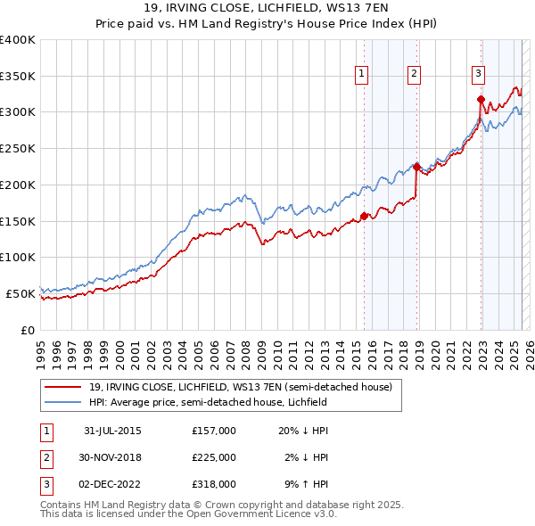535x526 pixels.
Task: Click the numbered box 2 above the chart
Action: (x=416, y=74)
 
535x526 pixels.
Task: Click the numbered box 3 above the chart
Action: (x=479, y=74)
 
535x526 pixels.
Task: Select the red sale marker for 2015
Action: (x=364, y=216)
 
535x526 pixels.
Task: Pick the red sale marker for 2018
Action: (x=416, y=167)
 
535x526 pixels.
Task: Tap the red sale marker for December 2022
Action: (x=481, y=99)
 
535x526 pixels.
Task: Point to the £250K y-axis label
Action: (x=18, y=149)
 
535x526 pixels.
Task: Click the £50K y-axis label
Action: (x=21, y=293)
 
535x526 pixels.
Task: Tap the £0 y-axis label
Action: (x=28, y=330)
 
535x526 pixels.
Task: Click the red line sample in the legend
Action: (x=62, y=387)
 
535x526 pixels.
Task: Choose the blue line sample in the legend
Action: (x=62, y=402)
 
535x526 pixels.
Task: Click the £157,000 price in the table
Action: (x=213, y=430)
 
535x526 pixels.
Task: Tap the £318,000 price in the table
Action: (x=213, y=485)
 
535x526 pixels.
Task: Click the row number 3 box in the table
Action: (x=45, y=485)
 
